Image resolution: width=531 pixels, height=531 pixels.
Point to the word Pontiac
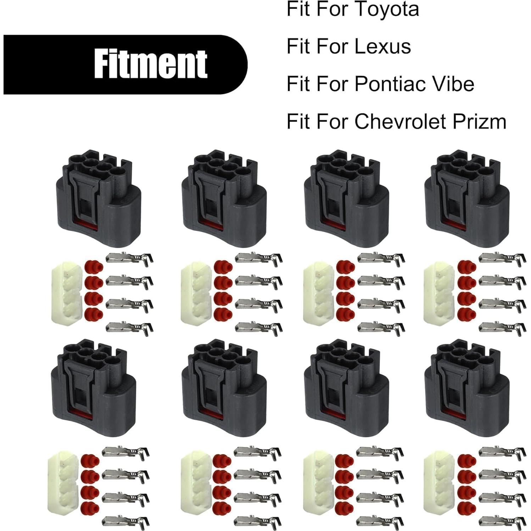pos(389,84)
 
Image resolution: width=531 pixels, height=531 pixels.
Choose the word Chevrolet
pos(400,122)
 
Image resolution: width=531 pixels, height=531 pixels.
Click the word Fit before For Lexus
pos(298,46)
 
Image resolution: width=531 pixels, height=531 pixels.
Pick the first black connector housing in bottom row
pos(94,388)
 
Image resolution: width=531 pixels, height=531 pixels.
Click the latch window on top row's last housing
pos(451,209)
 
